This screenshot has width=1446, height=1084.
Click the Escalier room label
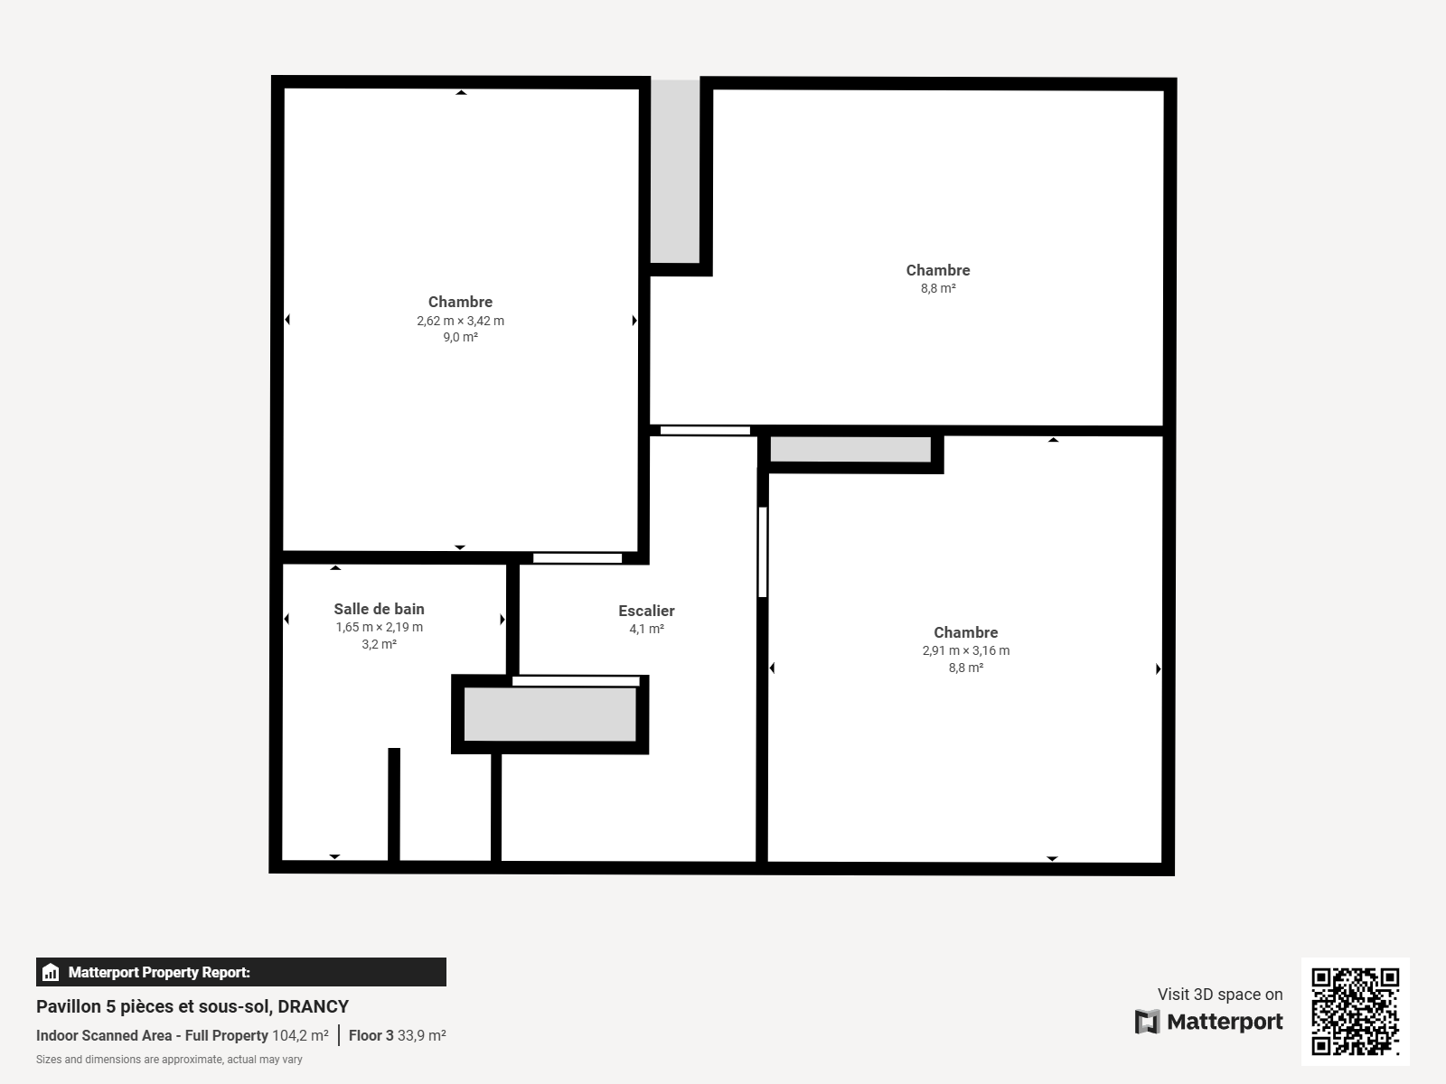click(646, 611)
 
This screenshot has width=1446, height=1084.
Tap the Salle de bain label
click(379, 609)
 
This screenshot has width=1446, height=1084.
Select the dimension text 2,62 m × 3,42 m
click(461, 321)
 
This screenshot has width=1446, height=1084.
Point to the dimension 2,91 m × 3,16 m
click(966, 650)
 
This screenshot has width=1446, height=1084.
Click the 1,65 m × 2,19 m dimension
click(379, 627)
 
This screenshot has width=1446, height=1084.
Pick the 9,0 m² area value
click(461, 337)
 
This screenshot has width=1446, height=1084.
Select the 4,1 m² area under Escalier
click(646, 629)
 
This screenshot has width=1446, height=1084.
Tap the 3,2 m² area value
click(379, 644)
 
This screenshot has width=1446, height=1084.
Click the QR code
click(1355, 1011)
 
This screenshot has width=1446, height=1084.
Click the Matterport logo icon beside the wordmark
click(1147, 1022)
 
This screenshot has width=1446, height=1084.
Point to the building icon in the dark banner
click(50, 972)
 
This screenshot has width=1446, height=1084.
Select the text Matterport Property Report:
click(159, 972)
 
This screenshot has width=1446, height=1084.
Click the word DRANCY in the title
click(313, 1006)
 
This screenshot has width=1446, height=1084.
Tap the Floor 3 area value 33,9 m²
click(422, 1035)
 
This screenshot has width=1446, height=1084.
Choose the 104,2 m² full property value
click(300, 1035)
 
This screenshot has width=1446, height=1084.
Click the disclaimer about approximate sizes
click(169, 1059)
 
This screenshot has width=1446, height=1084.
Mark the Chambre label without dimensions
click(938, 270)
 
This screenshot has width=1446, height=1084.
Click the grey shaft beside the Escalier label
click(550, 715)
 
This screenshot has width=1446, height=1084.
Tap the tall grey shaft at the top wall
click(675, 171)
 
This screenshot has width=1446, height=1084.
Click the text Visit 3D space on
click(1220, 994)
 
